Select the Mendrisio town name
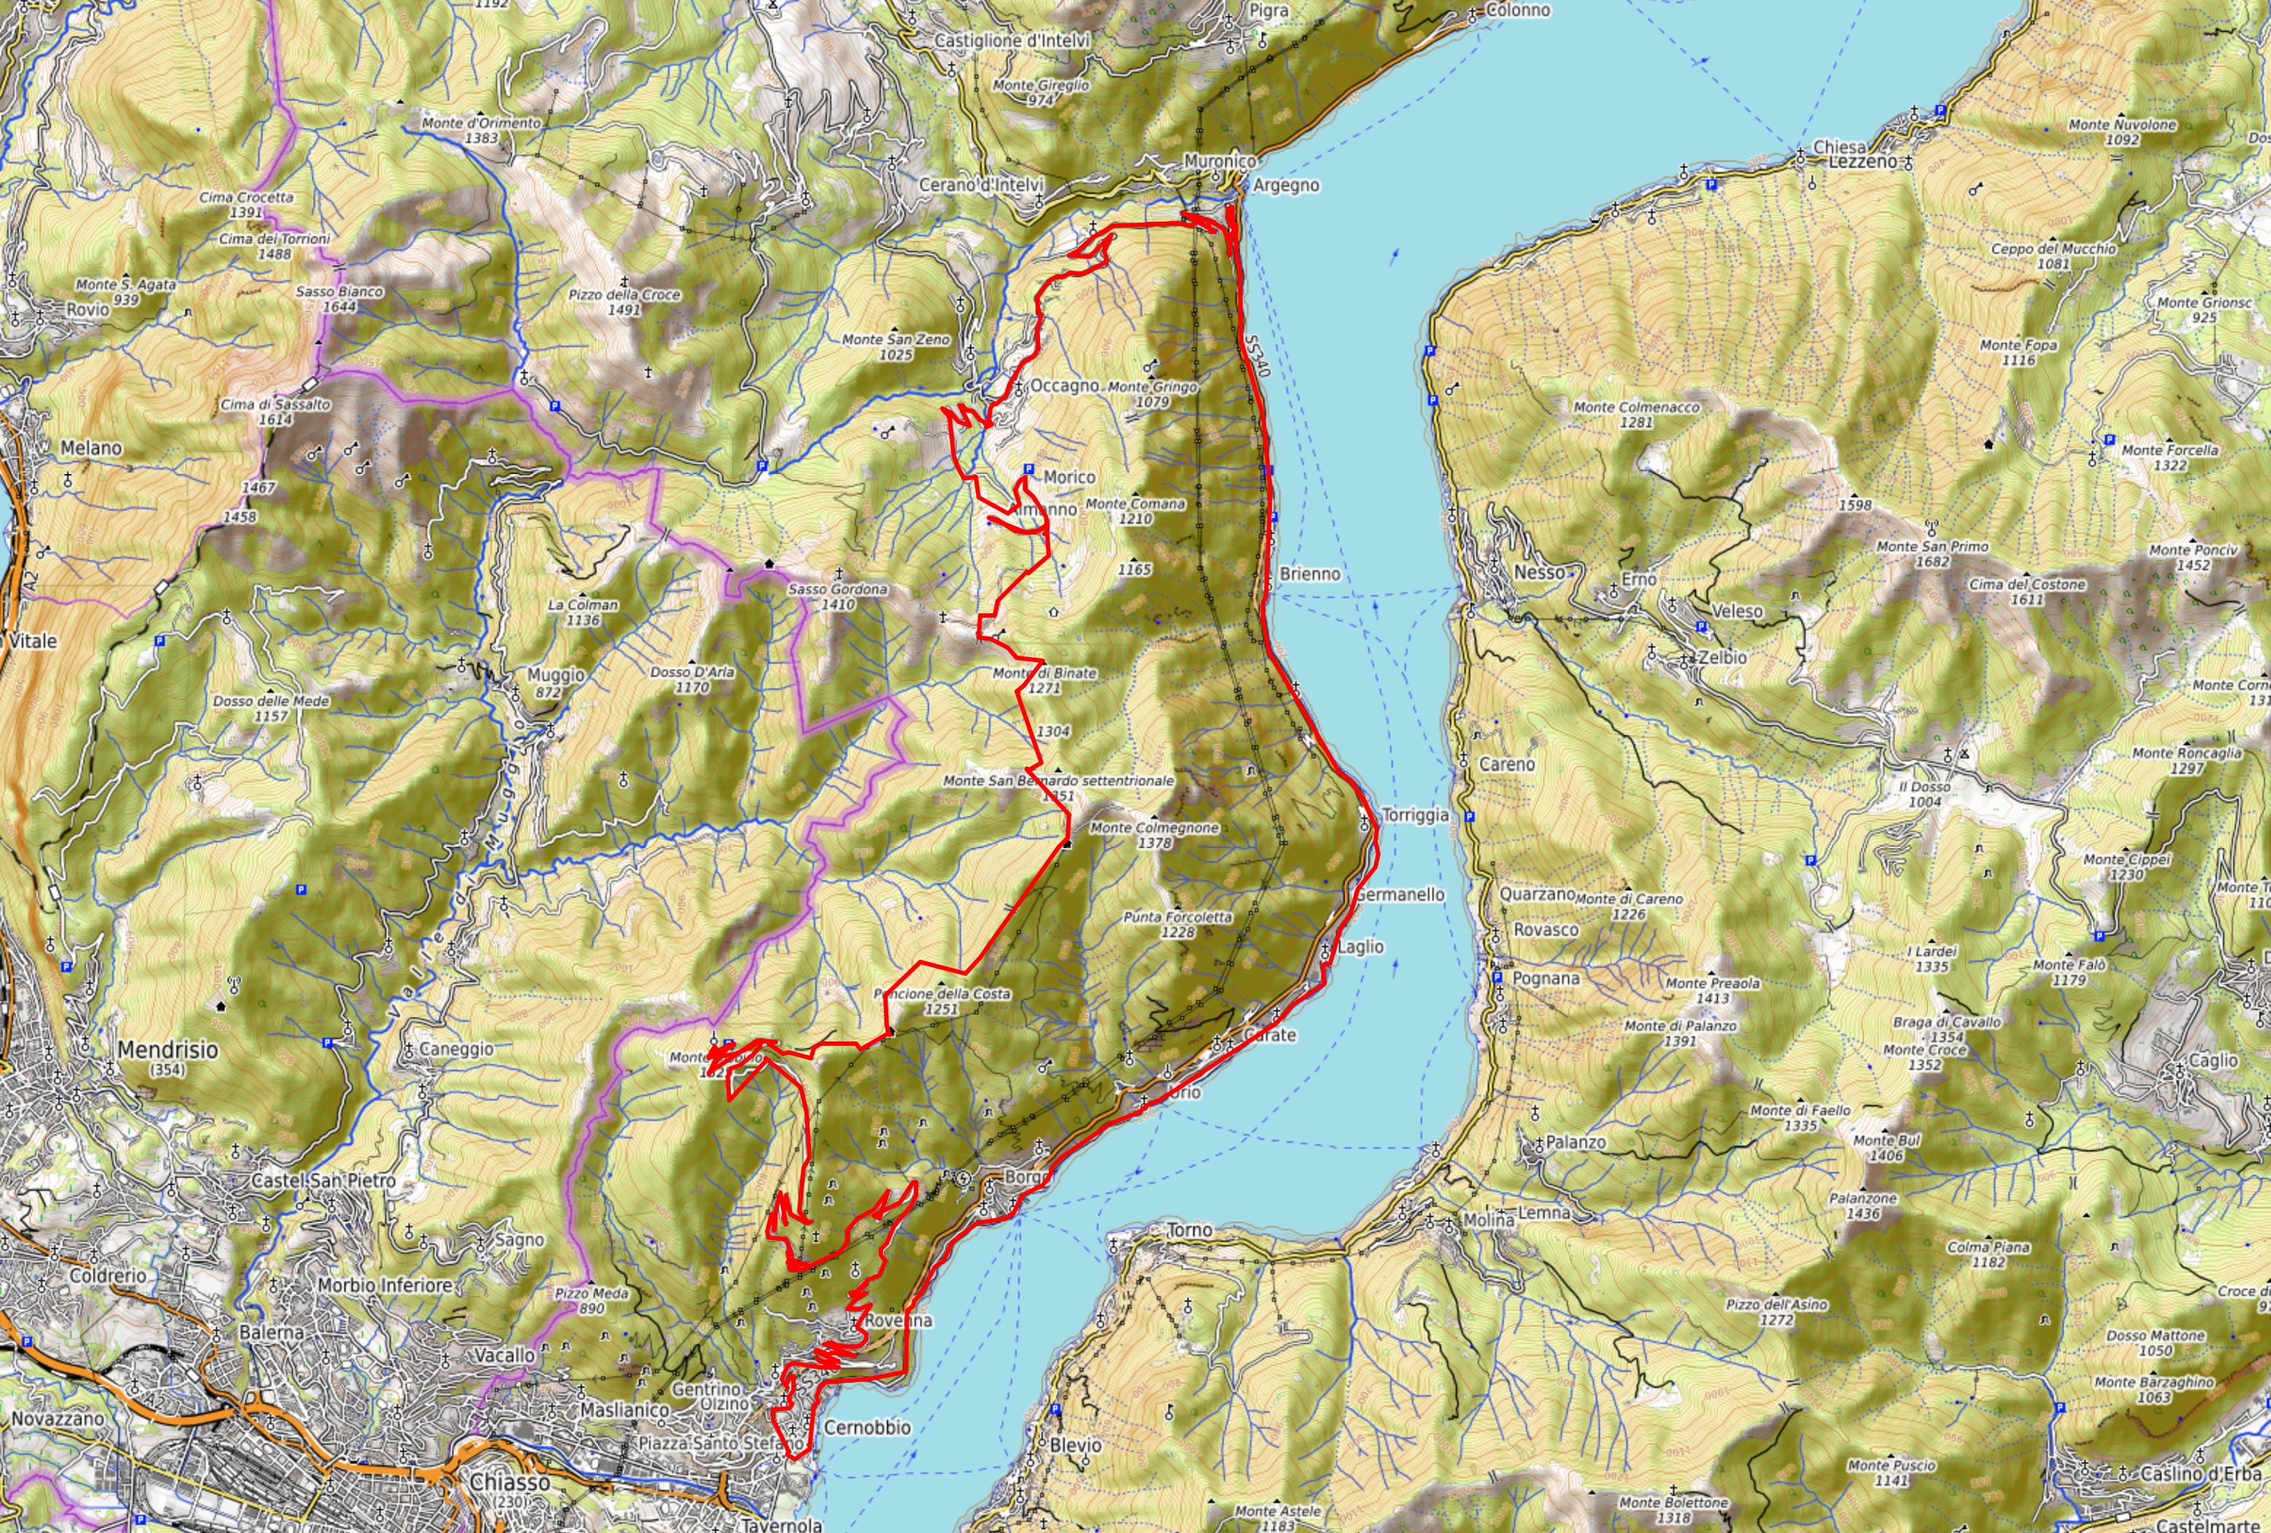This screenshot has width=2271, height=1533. (x=168, y=1050)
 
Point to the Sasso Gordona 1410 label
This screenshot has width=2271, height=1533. (x=837, y=596)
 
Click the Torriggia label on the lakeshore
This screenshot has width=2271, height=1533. (x=1414, y=815)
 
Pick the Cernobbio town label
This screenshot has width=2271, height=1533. (x=867, y=1427)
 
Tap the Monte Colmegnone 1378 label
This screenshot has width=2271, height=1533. (x=1154, y=834)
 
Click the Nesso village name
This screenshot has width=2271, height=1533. (x=1538, y=572)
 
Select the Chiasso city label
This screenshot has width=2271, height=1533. (x=509, y=1482)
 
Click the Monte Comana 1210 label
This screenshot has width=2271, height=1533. (x=1135, y=510)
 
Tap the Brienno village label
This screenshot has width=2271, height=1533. (x=1310, y=573)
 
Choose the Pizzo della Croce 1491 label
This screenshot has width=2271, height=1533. (x=624, y=301)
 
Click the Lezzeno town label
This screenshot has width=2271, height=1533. (x=1862, y=162)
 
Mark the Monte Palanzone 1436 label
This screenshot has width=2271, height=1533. (x=1863, y=1205)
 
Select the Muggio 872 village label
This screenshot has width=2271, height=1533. (x=555, y=682)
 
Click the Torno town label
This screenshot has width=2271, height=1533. (x=1189, y=1230)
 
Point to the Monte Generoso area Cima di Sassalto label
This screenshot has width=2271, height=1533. (x=275, y=411)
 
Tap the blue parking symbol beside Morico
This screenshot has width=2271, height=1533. (x=1028, y=471)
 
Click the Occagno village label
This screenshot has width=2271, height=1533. (x=1064, y=386)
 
